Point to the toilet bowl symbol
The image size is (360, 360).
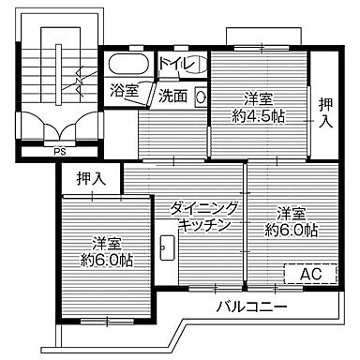click(x=195, y=66)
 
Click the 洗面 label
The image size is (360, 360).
click(x=172, y=95)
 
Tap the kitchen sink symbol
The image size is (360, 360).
click(x=168, y=247)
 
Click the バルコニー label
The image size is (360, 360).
click(x=250, y=307)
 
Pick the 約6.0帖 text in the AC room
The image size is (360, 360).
click(x=290, y=229)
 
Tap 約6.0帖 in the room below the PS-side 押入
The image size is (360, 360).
click(x=105, y=259)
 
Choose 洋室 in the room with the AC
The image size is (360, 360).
click(x=291, y=212)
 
